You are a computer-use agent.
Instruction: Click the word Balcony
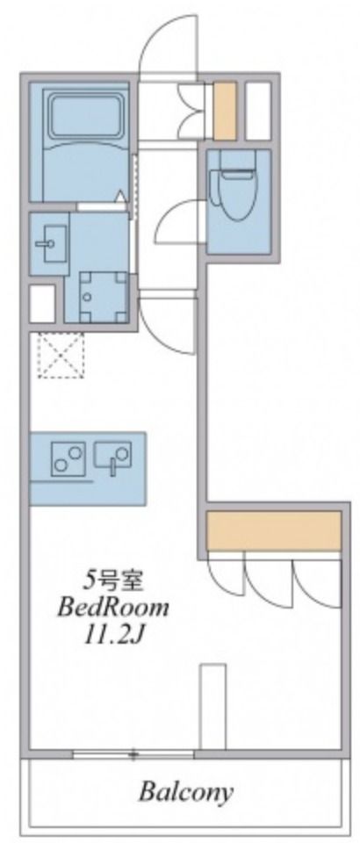pyautogui.click(x=186, y=793)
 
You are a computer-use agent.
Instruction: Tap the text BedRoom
pyautogui.click(x=113, y=607)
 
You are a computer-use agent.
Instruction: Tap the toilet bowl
pyautogui.click(x=234, y=189)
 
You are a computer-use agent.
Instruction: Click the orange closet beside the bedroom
pyautogui.click(x=273, y=530)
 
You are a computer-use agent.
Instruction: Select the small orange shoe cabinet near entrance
pyautogui.click(x=224, y=111)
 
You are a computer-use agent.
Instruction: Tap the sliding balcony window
pyautogui.click(x=133, y=753)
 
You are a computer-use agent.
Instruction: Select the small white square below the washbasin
pyautogui.click(x=42, y=304)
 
